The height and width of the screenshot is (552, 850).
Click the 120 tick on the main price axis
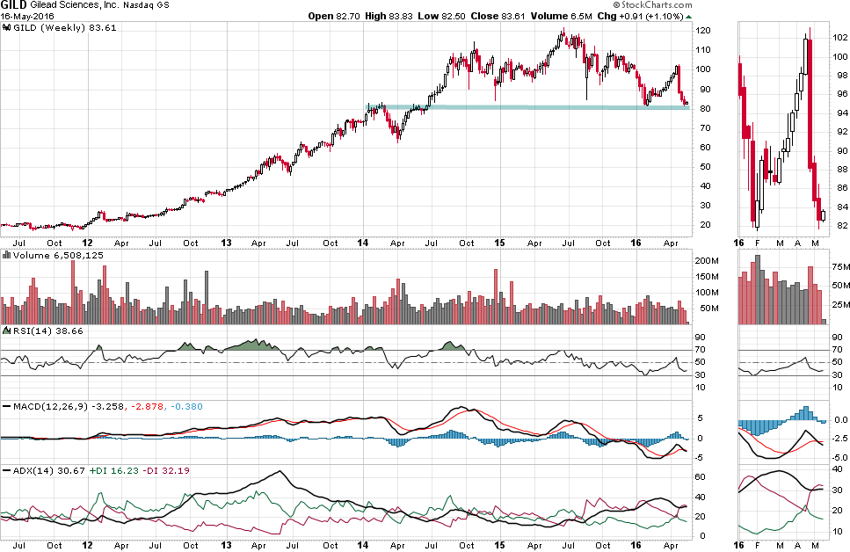pyautogui.click(x=703, y=31)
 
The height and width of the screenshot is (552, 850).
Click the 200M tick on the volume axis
pyautogui.click(x=707, y=262)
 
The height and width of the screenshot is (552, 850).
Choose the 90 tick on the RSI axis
pyautogui.click(x=701, y=337)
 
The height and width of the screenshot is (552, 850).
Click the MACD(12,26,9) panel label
pyautogui.click(x=45, y=405)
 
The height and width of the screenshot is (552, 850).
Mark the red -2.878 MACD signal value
pyautogui.click(x=146, y=405)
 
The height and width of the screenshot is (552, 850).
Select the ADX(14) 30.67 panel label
pyautogui.click(x=38, y=470)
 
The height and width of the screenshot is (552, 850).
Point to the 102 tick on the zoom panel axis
pyautogui.click(x=839, y=38)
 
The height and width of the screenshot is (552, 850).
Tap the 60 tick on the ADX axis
pyautogui.click(x=701, y=477)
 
